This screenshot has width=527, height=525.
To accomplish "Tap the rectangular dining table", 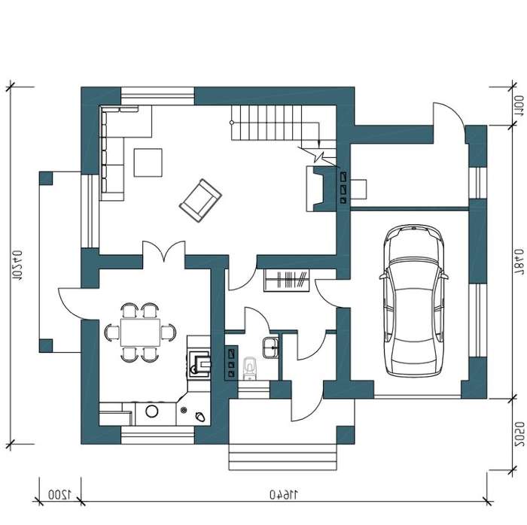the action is [141, 332].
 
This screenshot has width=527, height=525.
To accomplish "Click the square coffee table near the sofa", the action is [148, 162].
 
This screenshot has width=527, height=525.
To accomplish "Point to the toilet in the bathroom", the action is [249, 368].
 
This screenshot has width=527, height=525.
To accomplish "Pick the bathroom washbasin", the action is [270, 347].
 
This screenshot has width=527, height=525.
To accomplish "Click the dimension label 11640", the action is [284, 494].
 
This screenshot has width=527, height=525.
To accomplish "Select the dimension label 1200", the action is [59, 494].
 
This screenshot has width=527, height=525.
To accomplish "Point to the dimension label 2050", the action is [519, 435].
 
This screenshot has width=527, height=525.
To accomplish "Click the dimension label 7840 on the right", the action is [519, 262].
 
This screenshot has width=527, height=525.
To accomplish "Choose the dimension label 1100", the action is [519, 106].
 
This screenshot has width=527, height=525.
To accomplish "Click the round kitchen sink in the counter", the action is [152, 411].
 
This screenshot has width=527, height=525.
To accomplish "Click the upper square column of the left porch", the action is [46, 178].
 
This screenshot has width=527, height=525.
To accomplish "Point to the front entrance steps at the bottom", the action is [282, 457].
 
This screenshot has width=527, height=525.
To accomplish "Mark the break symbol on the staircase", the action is [318, 156].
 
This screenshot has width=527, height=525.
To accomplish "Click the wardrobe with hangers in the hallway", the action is [286, 281].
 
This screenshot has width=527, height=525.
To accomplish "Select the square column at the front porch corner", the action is [346, 435].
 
